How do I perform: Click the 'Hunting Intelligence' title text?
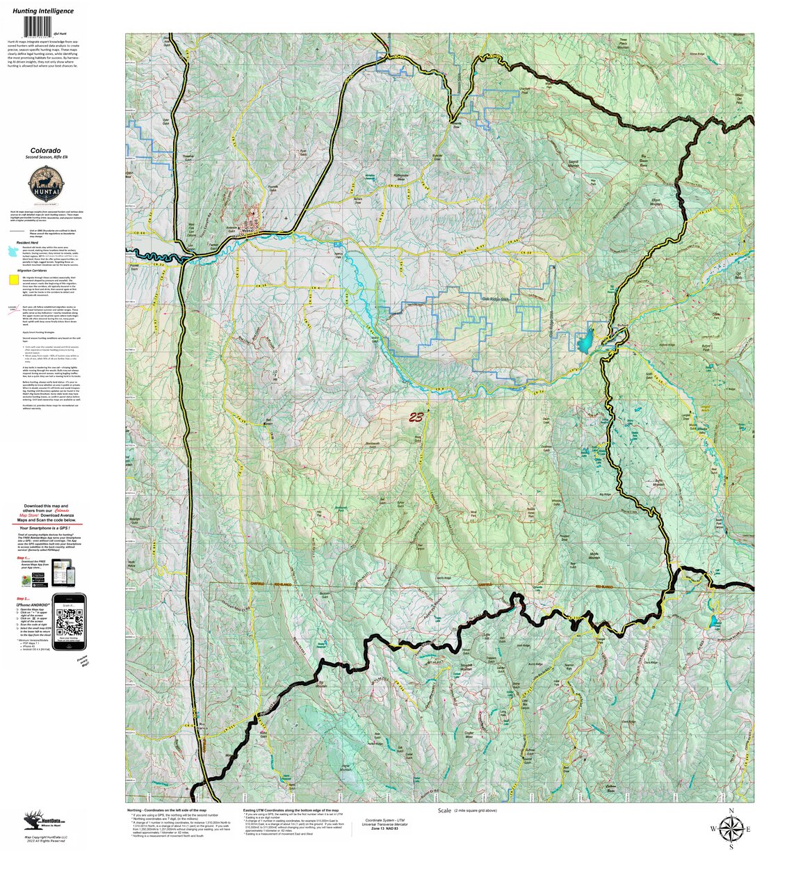point(42,11)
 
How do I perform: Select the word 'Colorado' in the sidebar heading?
point(44,150)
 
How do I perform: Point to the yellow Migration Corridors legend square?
point(13,280)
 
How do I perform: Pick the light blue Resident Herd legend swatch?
point(13,249)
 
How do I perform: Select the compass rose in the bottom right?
point(731,828)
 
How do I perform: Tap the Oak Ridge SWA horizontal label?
point(496,298)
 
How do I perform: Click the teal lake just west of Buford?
point(585,342)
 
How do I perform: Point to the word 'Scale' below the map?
point(444,811)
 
